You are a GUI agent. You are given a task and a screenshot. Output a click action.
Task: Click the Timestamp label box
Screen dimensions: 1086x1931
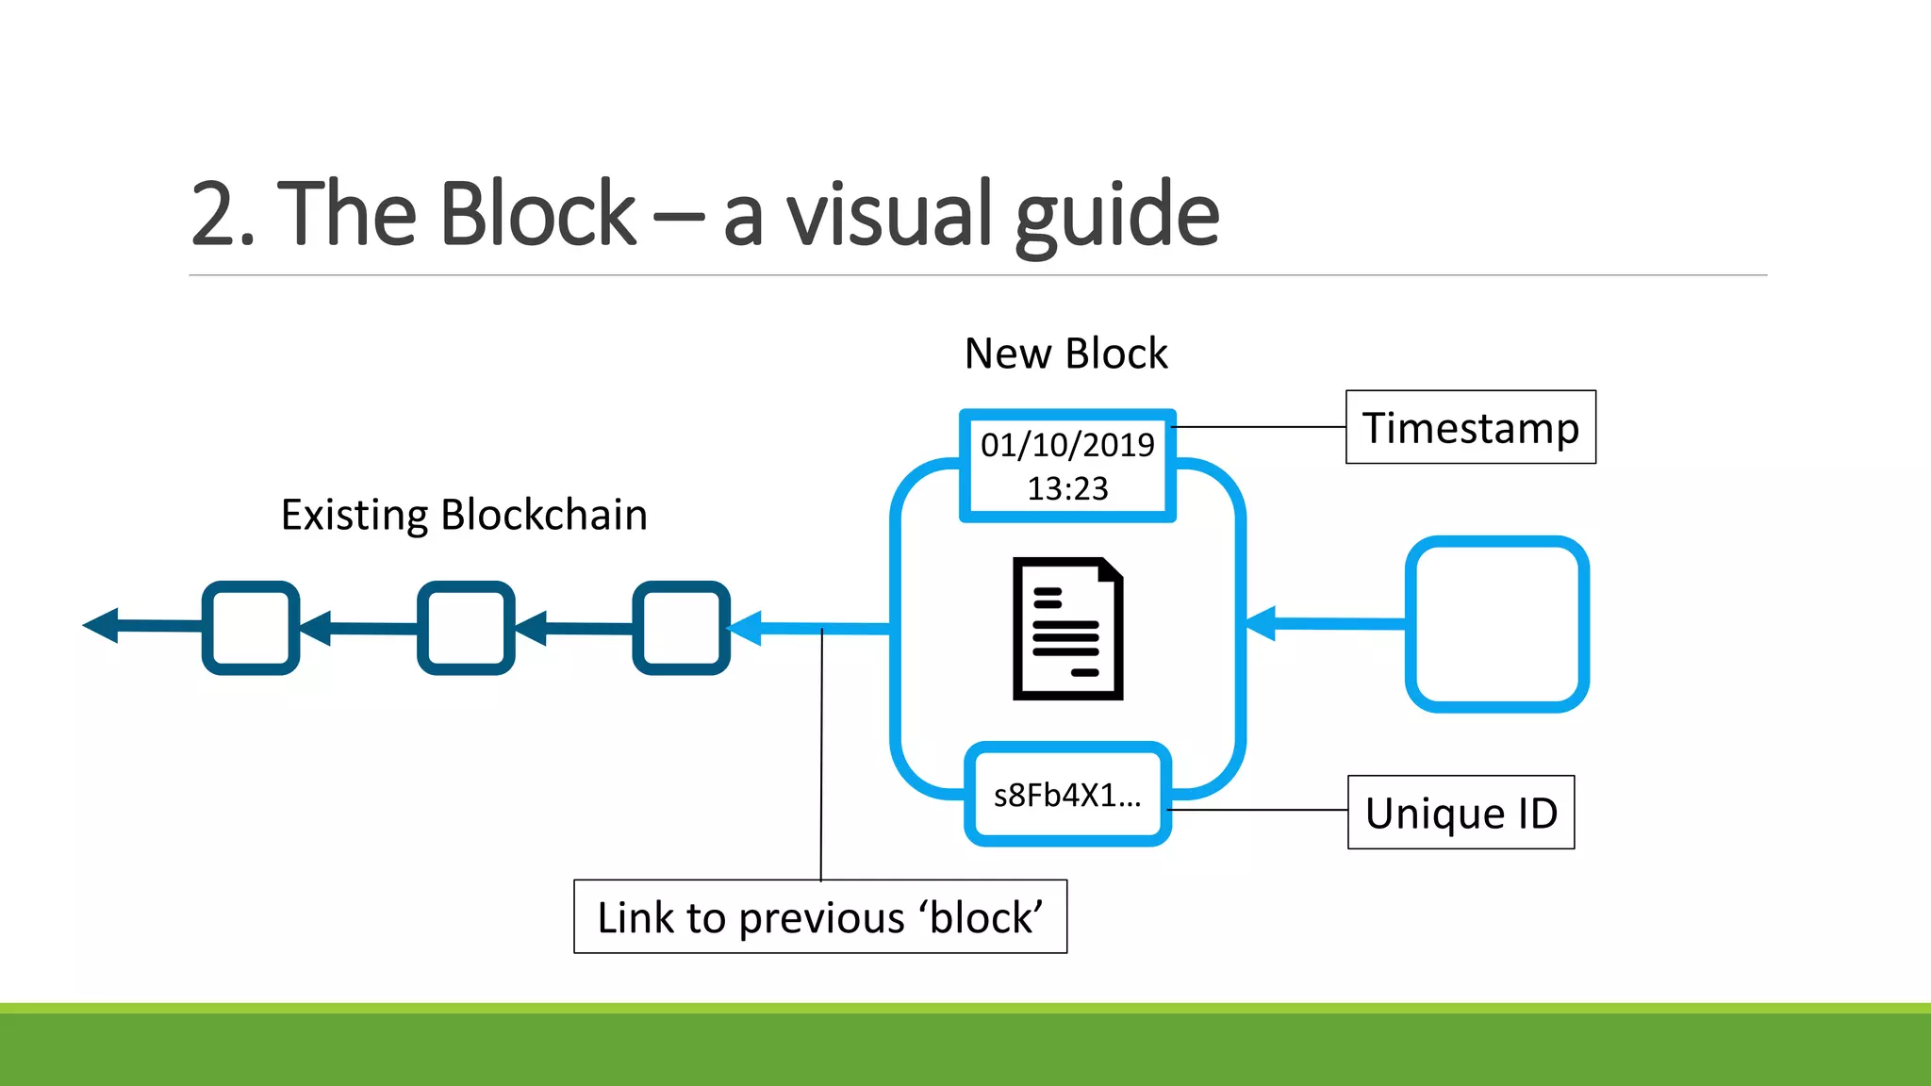(x=1470, y=427)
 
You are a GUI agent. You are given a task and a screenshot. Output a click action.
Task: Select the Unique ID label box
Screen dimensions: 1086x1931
(x=1461, y=813)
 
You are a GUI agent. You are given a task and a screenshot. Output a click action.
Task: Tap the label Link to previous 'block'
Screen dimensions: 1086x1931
(x=819, y=917)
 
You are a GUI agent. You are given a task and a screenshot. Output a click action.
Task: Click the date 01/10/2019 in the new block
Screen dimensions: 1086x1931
(x=1067, y=445)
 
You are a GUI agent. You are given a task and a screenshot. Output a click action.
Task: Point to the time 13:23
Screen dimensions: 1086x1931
(x=1067, y=488)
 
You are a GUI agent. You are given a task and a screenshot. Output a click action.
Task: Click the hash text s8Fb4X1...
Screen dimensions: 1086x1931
(x=1066, y=796)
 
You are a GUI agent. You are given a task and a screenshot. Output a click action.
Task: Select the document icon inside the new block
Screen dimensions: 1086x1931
(x=1067, y=629)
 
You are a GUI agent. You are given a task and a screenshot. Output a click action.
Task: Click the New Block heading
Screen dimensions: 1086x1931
(x=1065, y=354)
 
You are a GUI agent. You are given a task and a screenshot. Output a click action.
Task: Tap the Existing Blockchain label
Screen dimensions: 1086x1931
(x=464, y=516)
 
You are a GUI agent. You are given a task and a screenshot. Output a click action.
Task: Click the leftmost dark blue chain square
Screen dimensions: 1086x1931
(x=251, y=628)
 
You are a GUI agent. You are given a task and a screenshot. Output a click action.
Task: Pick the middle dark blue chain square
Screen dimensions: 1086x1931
(x=466, y=628)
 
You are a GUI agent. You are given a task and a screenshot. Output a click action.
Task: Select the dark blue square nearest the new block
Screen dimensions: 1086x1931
(x=681, y=628)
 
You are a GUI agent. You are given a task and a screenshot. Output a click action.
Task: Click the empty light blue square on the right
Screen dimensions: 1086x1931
(x=1496, y=624)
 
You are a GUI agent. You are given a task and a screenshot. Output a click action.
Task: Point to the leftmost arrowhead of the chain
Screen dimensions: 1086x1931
(x=102, y=625)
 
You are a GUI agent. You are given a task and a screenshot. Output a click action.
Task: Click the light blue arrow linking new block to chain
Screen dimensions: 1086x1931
(x=811, y=628)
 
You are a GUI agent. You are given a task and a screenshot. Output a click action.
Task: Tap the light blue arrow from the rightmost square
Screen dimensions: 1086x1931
(x=1329, y=623)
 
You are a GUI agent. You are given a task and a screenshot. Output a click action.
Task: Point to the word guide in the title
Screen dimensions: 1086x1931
(x=1117, y=217)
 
